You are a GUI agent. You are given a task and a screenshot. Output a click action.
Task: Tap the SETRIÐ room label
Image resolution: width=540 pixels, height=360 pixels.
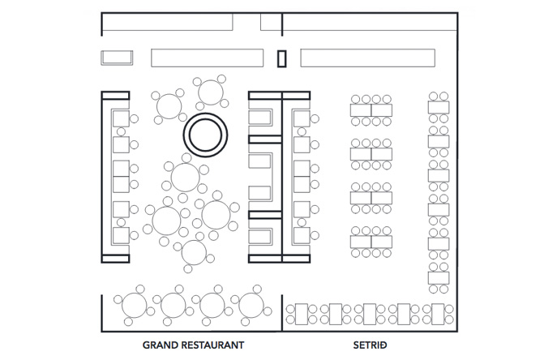tap(371, 345)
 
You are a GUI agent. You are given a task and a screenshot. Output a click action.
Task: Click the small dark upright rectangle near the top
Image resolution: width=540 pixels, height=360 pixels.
tap(281, 58)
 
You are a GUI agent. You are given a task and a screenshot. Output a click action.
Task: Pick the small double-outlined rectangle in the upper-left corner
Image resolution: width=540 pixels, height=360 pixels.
tap(117, 58)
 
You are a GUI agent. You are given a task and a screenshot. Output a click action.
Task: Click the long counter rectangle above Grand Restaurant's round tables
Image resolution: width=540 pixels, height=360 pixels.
tap(208, 58)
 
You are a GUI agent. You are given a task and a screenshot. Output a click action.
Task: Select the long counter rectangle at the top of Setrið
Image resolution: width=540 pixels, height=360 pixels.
tap(368, 58)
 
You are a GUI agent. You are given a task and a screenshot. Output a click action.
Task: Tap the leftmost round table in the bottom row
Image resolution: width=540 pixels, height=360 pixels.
tap(135, 305)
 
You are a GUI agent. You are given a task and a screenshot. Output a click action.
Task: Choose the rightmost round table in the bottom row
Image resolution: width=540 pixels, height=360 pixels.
tap(251, 305)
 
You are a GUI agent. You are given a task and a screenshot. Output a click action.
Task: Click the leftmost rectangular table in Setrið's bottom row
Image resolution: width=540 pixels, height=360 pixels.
tap(302, 314)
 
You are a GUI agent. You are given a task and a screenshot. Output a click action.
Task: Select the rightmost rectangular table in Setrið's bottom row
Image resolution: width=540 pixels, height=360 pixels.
tap(438, 314)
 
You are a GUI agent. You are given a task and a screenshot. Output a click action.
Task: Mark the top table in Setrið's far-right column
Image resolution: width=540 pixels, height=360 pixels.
tap(439, 108)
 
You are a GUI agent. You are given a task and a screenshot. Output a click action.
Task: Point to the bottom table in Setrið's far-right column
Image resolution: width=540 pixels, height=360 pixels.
tap(439, 278)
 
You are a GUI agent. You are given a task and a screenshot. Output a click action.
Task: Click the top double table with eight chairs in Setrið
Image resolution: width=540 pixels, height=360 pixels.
tap(371, 110)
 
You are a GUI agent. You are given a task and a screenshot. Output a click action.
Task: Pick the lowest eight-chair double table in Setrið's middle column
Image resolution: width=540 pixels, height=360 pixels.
tap(371, 242)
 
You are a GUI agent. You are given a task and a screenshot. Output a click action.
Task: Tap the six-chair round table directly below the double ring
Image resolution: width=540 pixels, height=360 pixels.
tap(186, 177)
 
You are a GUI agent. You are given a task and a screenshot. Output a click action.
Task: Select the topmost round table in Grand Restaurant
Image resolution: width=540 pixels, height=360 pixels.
tap(211, 92)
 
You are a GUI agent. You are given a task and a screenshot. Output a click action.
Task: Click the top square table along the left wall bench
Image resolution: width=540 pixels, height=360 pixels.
tap(122, 118)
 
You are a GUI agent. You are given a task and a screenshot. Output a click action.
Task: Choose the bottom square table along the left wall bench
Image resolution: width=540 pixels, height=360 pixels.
tap(122, 236)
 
